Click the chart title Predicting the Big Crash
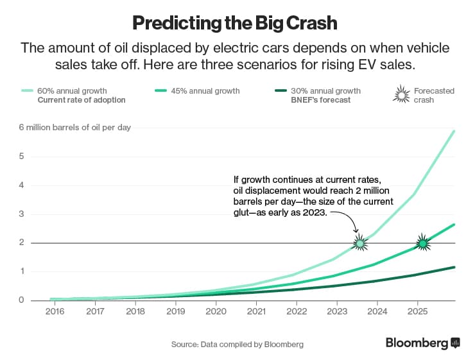235,23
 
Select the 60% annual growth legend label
72,90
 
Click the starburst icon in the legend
401,95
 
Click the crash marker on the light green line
360,243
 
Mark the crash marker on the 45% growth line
422,243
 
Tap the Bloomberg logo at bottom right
422,343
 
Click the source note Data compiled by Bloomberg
237,345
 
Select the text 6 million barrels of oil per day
74,127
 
